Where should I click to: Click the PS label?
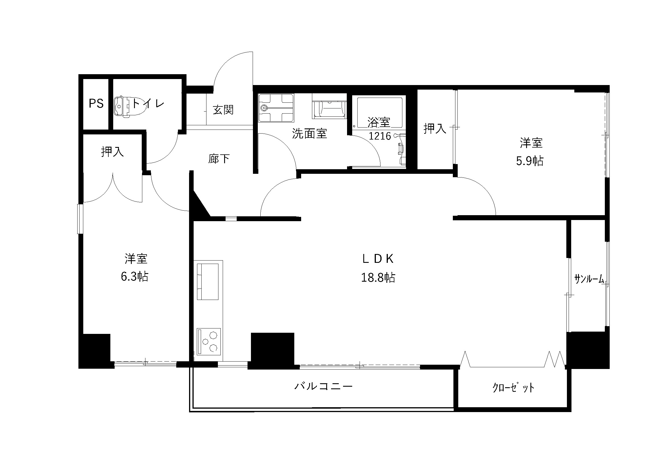click(96, 104)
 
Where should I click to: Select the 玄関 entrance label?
click(223, 110)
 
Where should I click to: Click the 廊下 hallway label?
click(219, 159)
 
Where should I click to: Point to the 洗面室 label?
click(309, 133)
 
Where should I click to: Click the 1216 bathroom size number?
click(380, 136)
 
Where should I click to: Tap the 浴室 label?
click(378, 122)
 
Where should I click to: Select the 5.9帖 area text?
click(530, 161)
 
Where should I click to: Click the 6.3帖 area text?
click(135, 277)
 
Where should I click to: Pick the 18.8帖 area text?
click(378, 278)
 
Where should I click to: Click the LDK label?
click(378, 259)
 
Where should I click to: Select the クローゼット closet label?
click(513, 388)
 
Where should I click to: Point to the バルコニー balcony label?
click(323, 386)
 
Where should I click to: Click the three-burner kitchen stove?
click(208, 342)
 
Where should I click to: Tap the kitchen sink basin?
click(208, 281)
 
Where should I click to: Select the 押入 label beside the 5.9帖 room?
click(435, 128)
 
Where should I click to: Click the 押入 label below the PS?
click(112, 152)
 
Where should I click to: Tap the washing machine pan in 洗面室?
click(276, 108)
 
